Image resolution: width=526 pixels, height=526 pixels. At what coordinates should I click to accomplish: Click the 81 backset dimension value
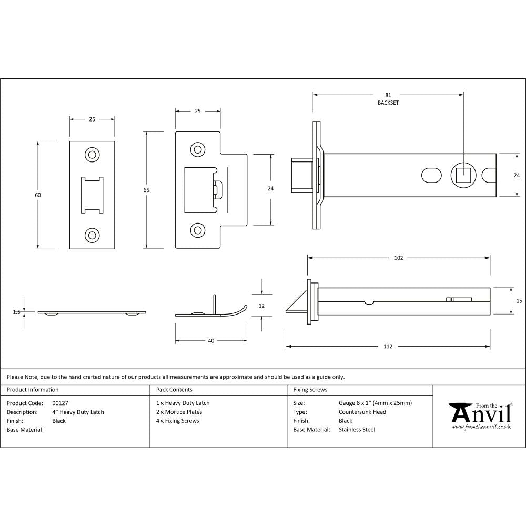point(388,95)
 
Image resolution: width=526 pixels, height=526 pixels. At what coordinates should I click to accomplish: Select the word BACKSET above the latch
point(388,103)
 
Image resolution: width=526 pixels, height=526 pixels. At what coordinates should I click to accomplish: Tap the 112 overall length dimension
point(388,347)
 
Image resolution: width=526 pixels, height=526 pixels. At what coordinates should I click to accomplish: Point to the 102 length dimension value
point(398,258)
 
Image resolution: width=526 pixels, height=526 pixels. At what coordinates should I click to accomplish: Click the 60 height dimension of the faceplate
point(38,195)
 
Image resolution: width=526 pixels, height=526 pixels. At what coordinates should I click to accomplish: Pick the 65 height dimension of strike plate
point(146,190)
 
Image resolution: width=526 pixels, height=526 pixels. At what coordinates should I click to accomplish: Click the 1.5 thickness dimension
point(17,312)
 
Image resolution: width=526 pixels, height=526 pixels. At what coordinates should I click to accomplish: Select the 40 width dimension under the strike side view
point(211,341)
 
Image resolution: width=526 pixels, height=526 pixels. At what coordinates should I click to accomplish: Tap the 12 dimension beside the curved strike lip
point(262,306)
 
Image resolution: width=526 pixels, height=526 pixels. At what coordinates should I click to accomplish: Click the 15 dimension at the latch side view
point(519,301)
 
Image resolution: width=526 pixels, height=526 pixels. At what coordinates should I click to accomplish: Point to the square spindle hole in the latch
point(463,175)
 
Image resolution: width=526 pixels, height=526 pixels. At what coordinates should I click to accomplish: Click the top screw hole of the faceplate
point(92,155)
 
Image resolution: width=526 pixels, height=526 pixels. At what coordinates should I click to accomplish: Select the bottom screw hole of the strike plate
point(198,229)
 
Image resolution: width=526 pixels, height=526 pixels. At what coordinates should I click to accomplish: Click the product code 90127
point(60,403)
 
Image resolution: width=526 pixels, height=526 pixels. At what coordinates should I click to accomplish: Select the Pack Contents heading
point(174,390)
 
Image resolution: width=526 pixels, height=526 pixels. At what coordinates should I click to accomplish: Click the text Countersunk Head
point(362,412)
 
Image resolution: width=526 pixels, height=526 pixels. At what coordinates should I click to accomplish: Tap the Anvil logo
point(480,416)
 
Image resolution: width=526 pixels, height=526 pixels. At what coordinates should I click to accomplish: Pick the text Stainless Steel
point(357,430)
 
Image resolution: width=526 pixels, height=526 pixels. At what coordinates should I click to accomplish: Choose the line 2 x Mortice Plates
point(179,412)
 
